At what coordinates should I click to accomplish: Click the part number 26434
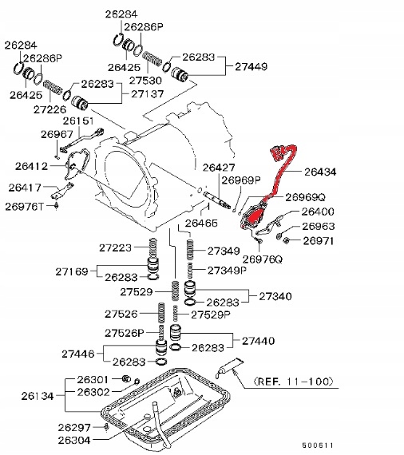(321, 171)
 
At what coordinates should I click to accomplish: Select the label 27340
(275, 295)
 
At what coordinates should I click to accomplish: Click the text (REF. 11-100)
(293, 382)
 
